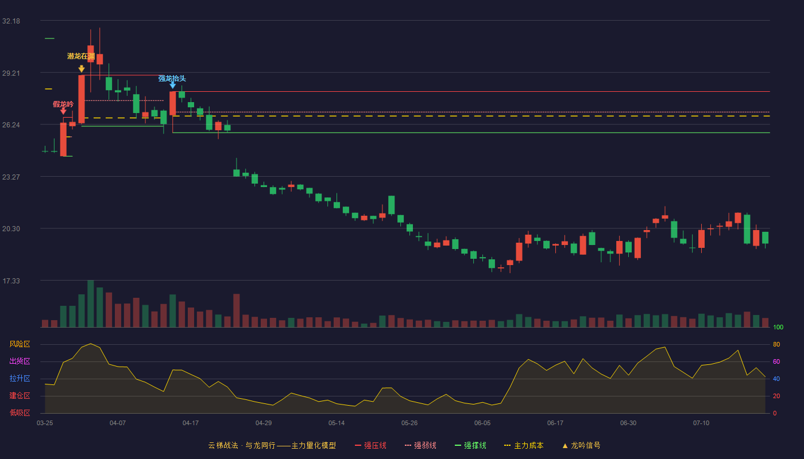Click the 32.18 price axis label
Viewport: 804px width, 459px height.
pyautogui.click(x=11, y=21)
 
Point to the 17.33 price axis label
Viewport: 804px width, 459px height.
pyautogui.click(x=11, y=281)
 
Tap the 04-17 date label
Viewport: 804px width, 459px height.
pyautogui.click(x=191, y=423)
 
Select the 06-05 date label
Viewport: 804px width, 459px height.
pyautogui.click(x=482, y=423)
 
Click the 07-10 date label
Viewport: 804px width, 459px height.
pyautogui.click(x=701, y=423)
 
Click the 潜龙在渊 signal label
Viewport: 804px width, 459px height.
pyautogui.click(x=81, y=56)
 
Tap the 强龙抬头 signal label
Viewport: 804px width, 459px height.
pyautogui.click(x=172, y=79)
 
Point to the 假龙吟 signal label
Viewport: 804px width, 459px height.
pyautogui.click(x=63, y=104)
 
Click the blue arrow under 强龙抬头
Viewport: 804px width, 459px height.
pyautogui.click(x=173, y=85)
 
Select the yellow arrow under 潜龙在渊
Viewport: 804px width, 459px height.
pyautogui.click(x=82, y=69)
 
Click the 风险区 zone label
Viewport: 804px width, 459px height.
pyautogui.click(x=20, y=344)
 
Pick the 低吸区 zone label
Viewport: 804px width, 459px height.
pyautogui.click(x=20, y=413)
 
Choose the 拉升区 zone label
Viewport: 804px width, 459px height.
pyautogui.click(x=20, y=379)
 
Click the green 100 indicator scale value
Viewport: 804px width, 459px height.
pyautogui.click(x=778, y=327)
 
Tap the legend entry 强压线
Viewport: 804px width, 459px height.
pyautogui.click(x=370, y=445)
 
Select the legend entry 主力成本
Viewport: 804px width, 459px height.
pyautogui.click(x=524, y=445)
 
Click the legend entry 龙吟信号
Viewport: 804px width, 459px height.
pyautogui.click(x=581, y=445)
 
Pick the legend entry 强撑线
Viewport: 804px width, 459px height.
pyautogui.click(x=470, y=445)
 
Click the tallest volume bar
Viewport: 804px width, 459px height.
pyautogui.click(x=91, y=304)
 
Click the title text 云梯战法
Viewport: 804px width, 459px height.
pyautogui.click(x=223, y=445)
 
